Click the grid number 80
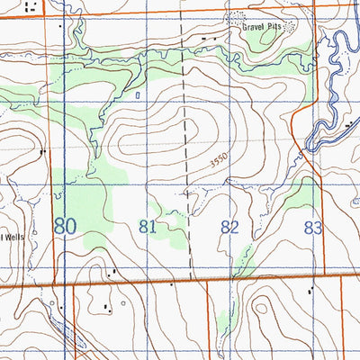(x=64, y=225)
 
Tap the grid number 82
(x=229, y=227)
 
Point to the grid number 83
(x=311, y=228)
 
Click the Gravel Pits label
(x=261, y=27)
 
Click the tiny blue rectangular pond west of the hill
(x=137, y=93)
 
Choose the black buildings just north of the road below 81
(x=112, y=272)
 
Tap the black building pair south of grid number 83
(x=311, y=290)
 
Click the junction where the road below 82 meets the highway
(x=208, y=282)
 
